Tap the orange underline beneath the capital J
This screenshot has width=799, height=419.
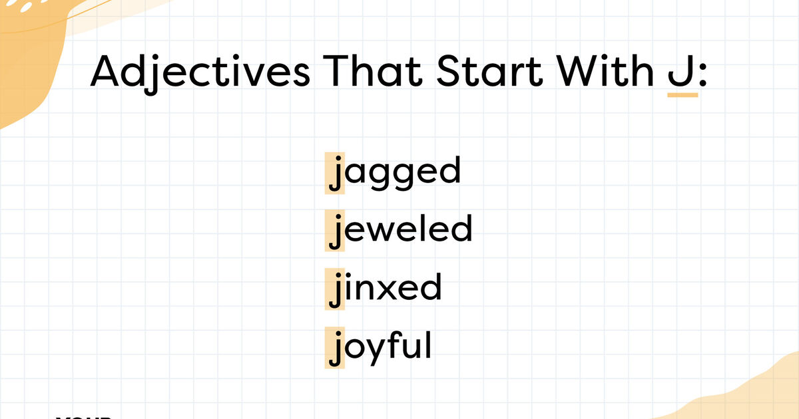682,95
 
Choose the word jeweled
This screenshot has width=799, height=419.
400,229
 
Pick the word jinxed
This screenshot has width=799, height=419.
385,288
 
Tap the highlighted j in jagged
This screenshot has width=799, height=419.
336,174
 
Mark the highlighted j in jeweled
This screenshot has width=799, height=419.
336,232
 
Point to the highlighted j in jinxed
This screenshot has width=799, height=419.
336,291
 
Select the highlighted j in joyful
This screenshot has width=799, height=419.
336,349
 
